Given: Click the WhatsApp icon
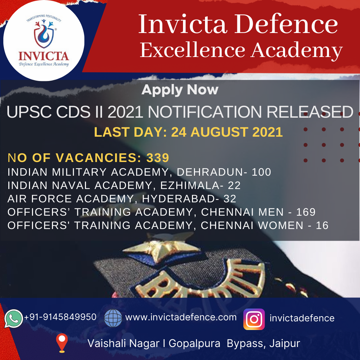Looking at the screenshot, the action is (14, 318).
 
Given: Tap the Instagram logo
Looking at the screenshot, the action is (254, 319).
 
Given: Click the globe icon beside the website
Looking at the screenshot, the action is (113, 318).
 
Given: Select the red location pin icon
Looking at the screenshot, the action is (62, 343).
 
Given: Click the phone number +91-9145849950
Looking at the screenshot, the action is (60, 317).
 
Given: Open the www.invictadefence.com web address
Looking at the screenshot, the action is (181, 317).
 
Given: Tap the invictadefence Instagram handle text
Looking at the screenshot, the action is (302, 318).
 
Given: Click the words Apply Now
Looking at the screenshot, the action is (180, 90).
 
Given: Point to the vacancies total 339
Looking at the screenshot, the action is (158, 158).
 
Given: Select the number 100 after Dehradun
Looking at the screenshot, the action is (262, 172).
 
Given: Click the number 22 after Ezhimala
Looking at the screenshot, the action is (234, 185).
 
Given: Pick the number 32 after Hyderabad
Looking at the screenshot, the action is (230, 199).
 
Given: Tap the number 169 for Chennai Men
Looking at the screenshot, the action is (306, 212).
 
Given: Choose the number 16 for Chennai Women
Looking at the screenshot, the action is (322, 225).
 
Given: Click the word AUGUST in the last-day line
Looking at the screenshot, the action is (219, 132).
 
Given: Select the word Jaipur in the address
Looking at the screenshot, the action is (285, 343).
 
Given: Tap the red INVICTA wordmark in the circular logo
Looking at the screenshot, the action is (44, 56).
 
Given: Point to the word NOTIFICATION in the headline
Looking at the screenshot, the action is (205, 112).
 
